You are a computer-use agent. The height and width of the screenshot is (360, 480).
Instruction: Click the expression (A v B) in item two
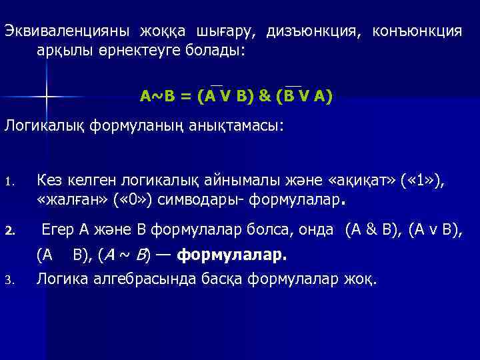(x=433, y=230)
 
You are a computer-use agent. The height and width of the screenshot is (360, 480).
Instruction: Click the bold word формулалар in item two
(x=233, y=254)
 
